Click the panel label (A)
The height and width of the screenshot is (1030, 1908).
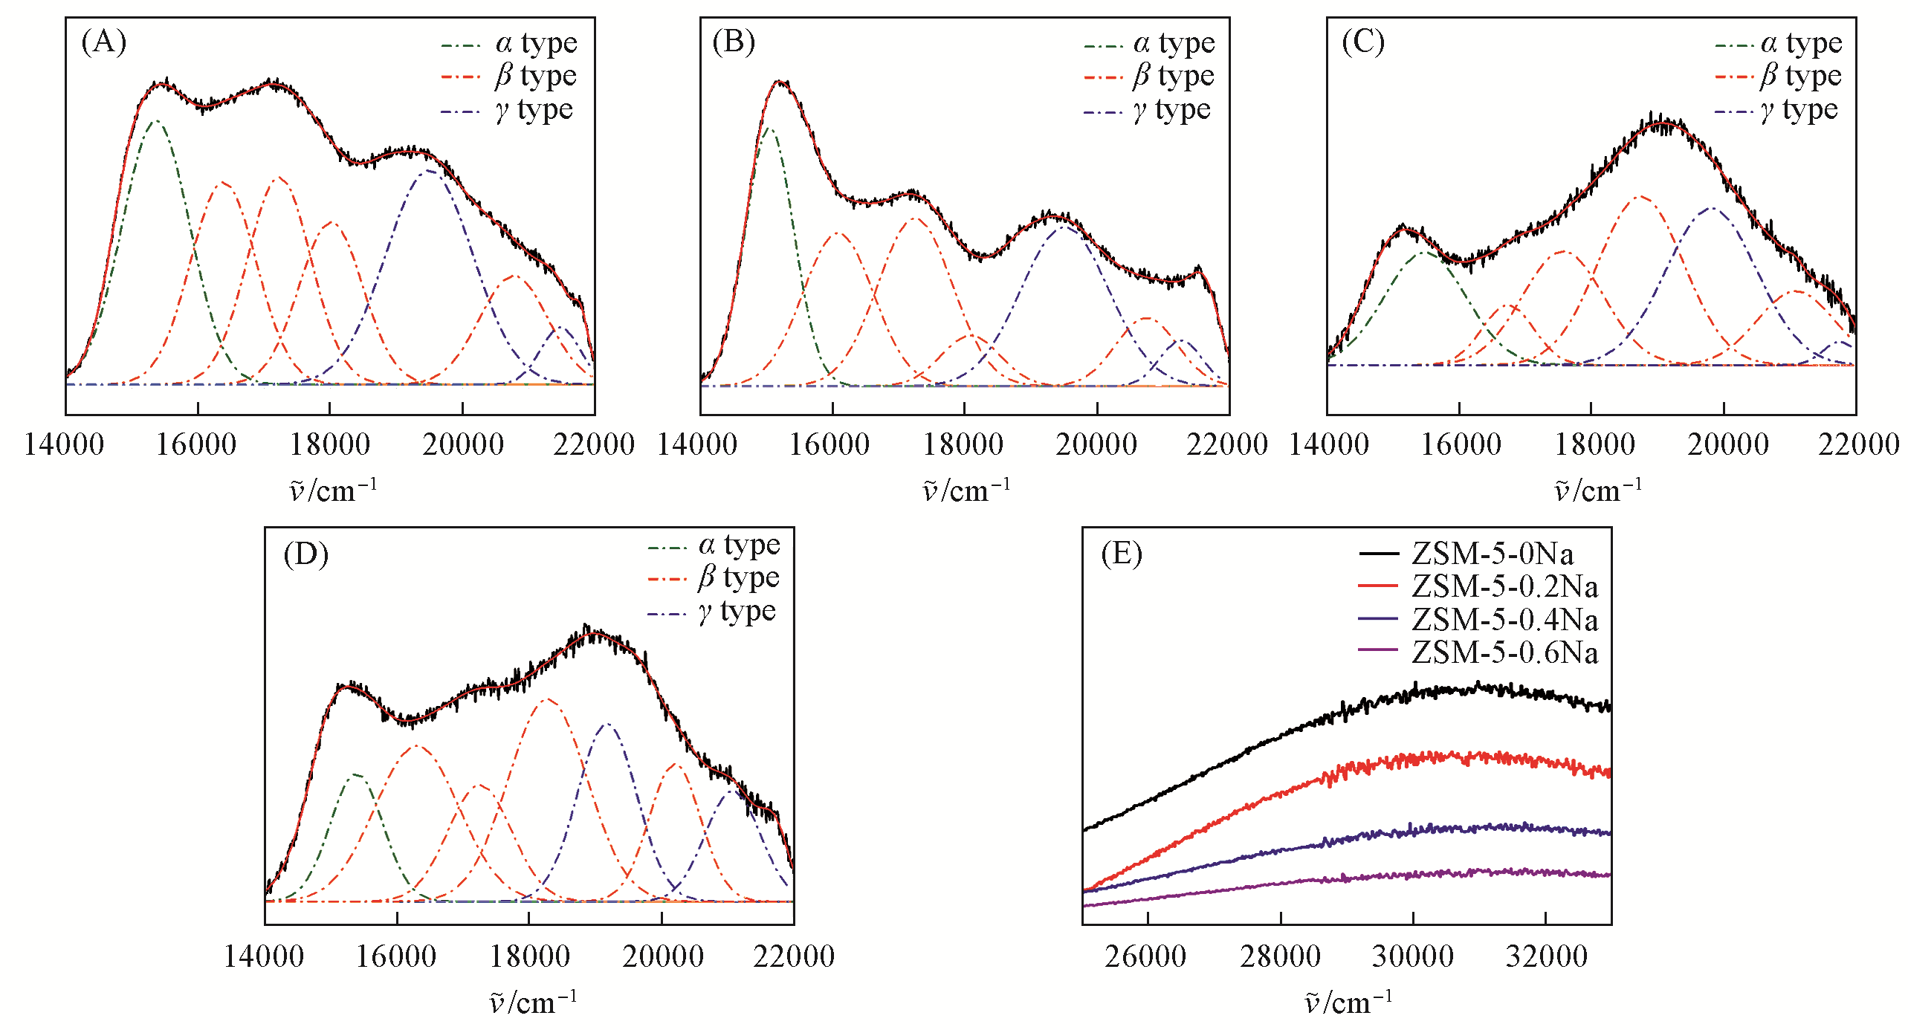coord(103,42)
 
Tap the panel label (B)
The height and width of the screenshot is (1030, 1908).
coord(734,42)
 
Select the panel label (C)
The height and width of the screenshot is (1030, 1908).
coord(1363,42)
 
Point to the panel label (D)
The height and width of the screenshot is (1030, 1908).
coord(305,554)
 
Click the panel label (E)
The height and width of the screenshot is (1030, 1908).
coord(1122,554)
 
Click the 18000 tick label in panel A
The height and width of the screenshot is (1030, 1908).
coord(330,444)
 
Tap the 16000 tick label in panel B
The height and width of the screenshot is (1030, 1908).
coord(830,444)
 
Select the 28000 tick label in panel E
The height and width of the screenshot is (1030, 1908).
coord(1280,956)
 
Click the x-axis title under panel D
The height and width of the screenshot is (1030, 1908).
coord(533,1003)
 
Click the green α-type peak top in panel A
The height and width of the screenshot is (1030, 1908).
coord(155,120)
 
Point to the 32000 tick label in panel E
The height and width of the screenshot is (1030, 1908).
coord(1546,956)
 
